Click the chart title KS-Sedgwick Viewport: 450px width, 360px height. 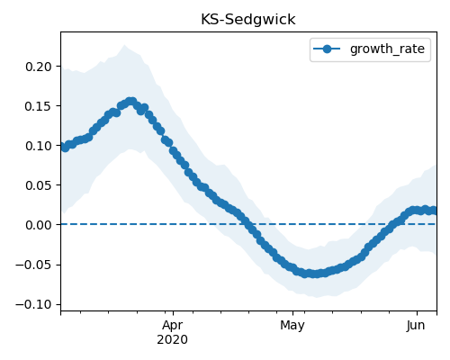coord(248,20)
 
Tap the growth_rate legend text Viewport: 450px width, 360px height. coord(387,49)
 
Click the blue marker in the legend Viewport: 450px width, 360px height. coord(327,49)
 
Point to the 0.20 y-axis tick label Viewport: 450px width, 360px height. coord(39,67)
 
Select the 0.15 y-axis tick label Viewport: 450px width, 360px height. coord(39,106)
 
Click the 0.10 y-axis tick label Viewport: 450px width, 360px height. coord(39,146)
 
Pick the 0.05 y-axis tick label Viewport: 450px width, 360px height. coord(39,185)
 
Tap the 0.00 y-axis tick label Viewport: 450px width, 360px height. coord(39,225)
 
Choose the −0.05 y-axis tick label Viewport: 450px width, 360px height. coord(33,265)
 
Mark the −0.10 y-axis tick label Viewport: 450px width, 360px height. coord(33,304)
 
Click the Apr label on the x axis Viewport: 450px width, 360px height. coord(173,326)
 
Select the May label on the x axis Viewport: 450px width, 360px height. coord(292,326)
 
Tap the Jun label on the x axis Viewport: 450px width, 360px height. coord(416,325)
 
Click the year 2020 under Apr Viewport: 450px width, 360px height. coord(173,339)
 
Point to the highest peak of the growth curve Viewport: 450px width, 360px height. coord(131,102)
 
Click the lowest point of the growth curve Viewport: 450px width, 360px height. coord(313,274)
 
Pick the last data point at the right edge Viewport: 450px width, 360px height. coord(434,211)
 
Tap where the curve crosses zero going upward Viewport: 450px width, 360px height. coord(393,224)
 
